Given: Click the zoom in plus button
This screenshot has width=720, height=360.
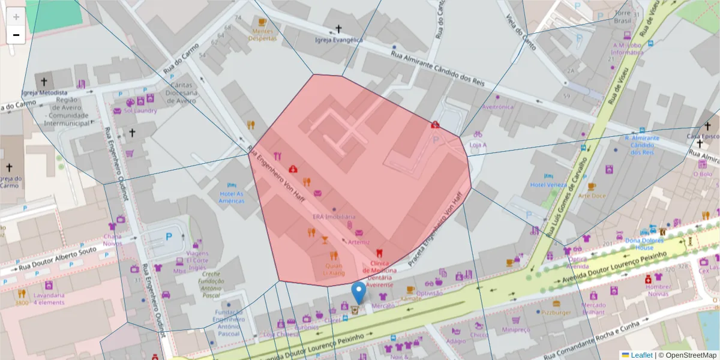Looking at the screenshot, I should pos(16,17).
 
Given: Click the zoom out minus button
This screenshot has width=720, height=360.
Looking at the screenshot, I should pos(16,35).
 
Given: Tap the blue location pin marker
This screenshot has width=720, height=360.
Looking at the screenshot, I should pos(358,293).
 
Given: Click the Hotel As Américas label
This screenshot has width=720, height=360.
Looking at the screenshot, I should pos(232,197).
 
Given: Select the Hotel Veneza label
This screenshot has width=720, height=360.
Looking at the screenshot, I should pos(548,185).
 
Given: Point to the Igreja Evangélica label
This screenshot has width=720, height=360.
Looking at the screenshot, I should pos(339,40).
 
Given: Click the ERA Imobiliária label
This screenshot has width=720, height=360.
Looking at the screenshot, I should pos(334,217).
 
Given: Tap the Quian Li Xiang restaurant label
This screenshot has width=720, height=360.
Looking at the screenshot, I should pos(334,269).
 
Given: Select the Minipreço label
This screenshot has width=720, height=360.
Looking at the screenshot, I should pos(517,329).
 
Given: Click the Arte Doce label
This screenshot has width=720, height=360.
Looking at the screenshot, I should pos(592,196).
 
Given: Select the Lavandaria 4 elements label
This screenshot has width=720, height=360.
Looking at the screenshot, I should pos(49,299).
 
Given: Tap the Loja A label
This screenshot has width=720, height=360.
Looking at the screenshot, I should pos(478,145).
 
